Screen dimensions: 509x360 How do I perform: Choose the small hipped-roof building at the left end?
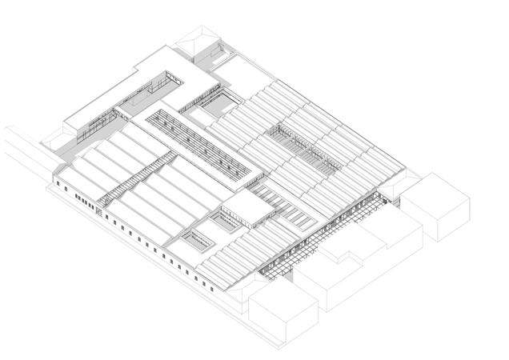(x=57, y=138)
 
